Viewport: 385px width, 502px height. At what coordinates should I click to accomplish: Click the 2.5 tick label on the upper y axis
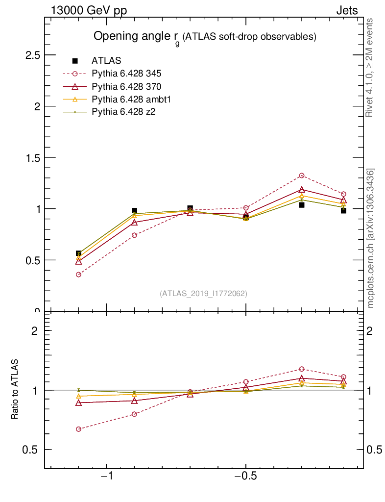click(x=32, y=55)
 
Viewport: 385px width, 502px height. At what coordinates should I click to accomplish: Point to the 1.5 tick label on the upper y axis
click(x=32, y=157)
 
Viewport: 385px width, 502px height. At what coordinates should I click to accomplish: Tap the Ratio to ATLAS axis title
click(x=15, y=389)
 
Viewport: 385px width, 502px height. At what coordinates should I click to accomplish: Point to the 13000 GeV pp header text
click(x=89, y=11)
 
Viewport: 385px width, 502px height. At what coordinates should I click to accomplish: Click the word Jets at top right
click(x=346, y=11)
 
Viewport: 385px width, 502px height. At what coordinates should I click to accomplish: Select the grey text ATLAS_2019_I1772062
click(x=203, y=294)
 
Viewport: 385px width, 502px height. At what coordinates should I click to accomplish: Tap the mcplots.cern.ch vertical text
click(x=371, y=238)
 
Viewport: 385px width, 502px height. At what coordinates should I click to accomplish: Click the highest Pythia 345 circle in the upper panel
click(x=302, y=176)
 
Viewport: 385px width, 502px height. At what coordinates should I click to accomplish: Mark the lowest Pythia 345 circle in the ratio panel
click(x=78, y=429)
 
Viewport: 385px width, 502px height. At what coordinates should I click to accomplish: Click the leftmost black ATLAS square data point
click(x=78, y=253)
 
